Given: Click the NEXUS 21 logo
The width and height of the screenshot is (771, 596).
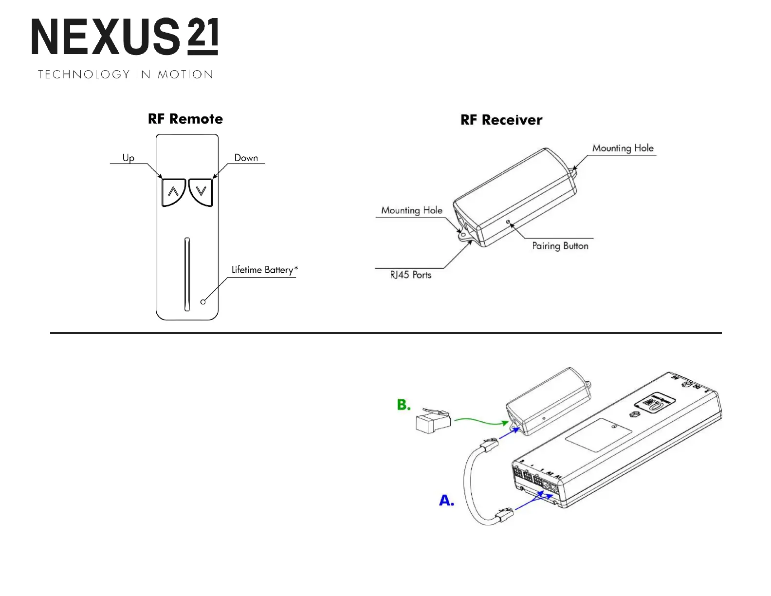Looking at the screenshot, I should pyautogui.click(x=125, y=37).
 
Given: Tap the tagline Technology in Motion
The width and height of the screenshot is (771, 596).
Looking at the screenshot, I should pyautogui.click(x=126, y=74).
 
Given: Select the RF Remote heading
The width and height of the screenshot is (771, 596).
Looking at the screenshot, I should pyautogui.click(x=185, y=119).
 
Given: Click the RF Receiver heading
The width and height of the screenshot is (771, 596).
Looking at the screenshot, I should pyautogui.click(x=501, y=120).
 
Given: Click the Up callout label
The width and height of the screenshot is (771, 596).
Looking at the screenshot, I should pyautogui.click(x=128, y=158).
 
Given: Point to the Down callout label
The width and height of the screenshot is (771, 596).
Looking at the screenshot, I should pyautogui.click(x=246, y=158).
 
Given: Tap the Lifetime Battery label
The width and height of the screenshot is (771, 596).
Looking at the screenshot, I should pyautogui.click(x=264, y=270).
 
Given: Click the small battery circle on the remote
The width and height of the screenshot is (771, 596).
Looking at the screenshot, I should pyautogui.click(x=203, y=302).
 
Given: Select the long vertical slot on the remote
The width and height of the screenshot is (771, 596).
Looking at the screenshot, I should pyautogui.click(x=187, y=274).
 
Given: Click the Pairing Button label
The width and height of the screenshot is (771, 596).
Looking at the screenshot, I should pyautogui.click(x=560, y=246).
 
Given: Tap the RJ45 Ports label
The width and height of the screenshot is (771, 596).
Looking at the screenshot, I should pyautogui.click(x=410, y=275).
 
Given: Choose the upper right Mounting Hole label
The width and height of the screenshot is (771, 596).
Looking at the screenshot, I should pyautogui.click(x=623, y=148).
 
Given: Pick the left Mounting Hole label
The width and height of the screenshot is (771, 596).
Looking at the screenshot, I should pyautogui.click(x=412, y=210).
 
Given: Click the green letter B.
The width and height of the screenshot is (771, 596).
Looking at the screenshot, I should pyautogui.click(x=404, y=405).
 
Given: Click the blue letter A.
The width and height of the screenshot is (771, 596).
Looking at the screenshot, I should pyautogui.click(x=446, y=500).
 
